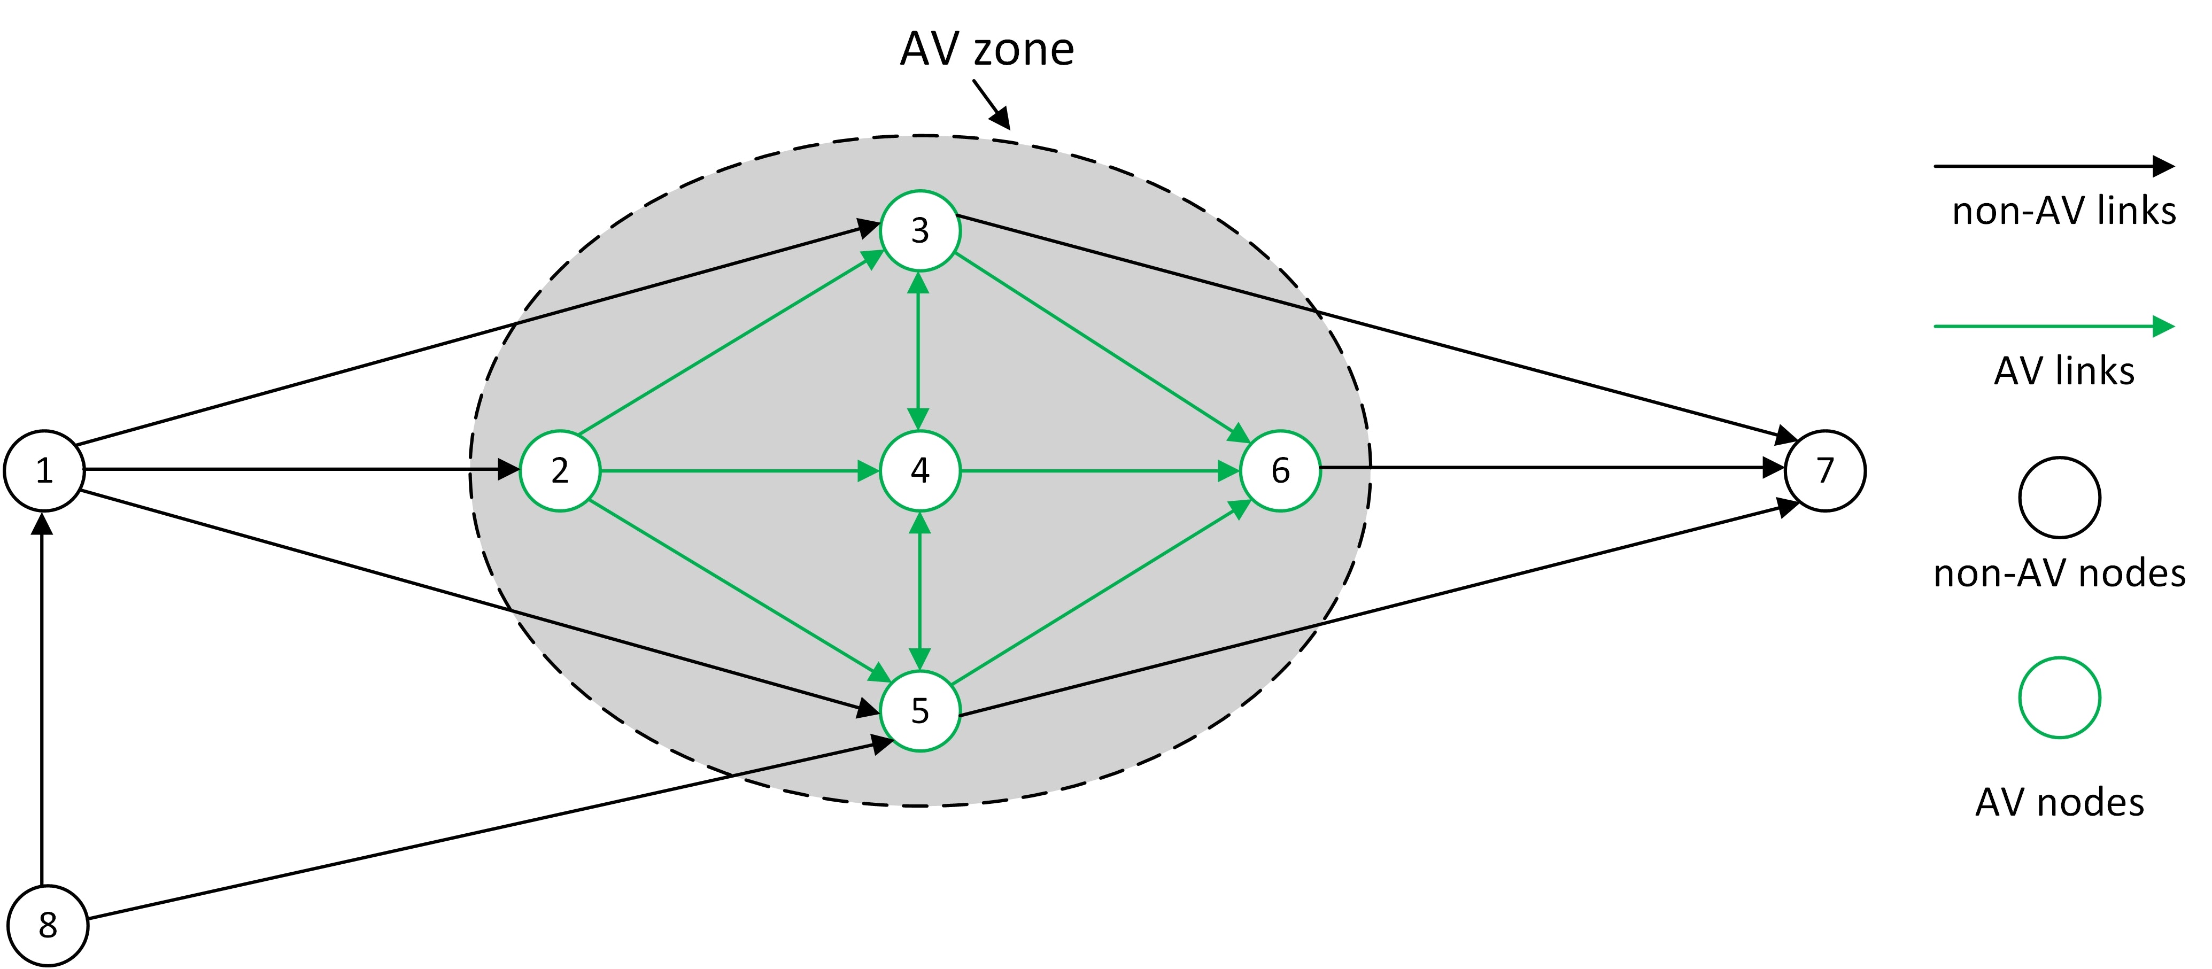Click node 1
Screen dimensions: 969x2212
pyautogui.click(x=44, y=470)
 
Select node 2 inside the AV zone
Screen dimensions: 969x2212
pyautogui.click(x=560, y=470)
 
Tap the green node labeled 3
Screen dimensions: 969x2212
pyautogui.click(x=919, y=230)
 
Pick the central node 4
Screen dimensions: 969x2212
pyautogui.click(x=919, y=470)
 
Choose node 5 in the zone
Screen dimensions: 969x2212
pyautogui.click(x=919, y=711)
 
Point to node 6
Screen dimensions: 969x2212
pyautogui.click(x=1280, y=470)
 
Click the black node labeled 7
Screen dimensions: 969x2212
pyautogui.click(x=1825, y=470)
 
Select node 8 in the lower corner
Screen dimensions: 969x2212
pyautogui.click(x=48, y=925)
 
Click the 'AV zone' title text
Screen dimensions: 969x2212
pyautogui.click(x=987, y=49)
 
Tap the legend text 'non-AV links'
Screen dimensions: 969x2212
pyautogui.click(x=2063, y=210)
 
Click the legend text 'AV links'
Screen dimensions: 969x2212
pyautogui.click(x=2063, y=371)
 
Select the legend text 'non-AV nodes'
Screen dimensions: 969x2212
pyautogui.click(x=2059, y=572)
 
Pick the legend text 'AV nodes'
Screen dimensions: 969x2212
pyautogui.click(x=2059, y=802)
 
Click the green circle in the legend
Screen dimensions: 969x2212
pyautogui.click(x=2059, y=697)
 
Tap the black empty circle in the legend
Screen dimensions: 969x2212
pyautogui.click(x=2059, y=497)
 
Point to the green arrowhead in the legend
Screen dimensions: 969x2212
pyautogui.click(x=2163, y=326)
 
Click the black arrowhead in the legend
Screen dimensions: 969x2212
pyautogui.click(x=2163, y=166)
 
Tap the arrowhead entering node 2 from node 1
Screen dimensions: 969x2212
pyautogui.click(x=508, y=469)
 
